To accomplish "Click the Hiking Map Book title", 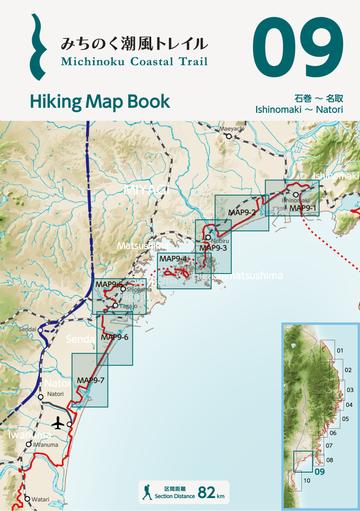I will coord(99,101).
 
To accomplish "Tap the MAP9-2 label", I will coord(241,213).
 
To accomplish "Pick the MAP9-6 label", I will coord(115,337).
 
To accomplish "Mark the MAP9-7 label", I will coord(91,380).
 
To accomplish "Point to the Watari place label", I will coord(41,498).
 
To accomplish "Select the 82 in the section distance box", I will coord(207,493).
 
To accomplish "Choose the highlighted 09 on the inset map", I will coord(321,471).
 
